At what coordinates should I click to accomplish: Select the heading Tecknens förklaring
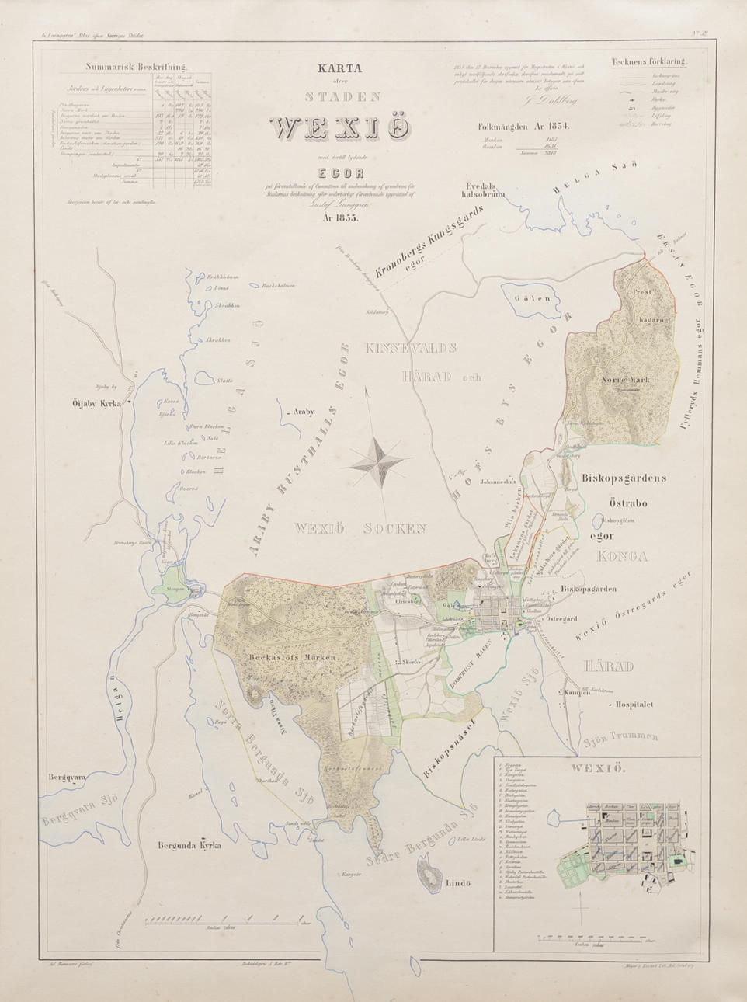point(644,64)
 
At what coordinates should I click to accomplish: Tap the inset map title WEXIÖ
point(589,772)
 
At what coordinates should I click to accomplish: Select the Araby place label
point(303,412)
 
